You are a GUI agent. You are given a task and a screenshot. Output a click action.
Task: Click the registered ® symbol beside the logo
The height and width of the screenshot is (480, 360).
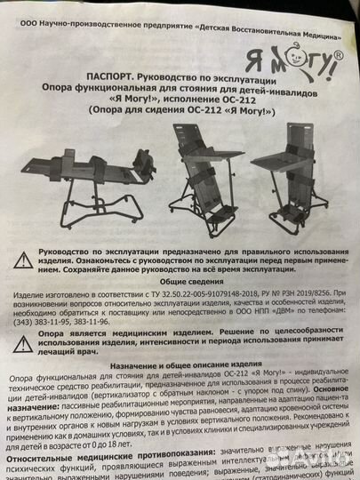[x=338, y=54]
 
